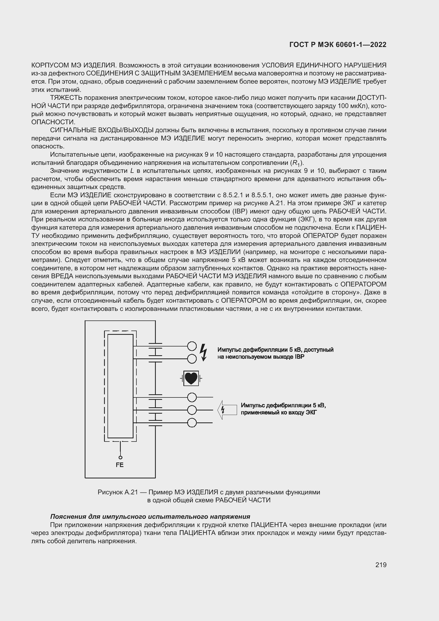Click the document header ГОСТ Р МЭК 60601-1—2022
pos(338,45)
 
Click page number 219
pos(381,565)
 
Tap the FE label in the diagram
pos(119,465)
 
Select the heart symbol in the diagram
pos(191,378)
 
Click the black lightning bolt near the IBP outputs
pos(203,352)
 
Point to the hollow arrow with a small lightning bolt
pos(227,410)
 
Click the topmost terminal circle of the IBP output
pos(192,346)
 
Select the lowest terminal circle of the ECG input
pos(192,422)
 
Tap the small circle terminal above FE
pos(120,458)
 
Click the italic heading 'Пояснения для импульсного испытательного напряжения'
pos(150,517)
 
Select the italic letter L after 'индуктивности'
pos(132,171)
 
